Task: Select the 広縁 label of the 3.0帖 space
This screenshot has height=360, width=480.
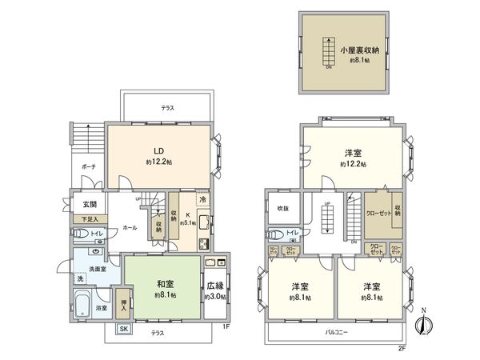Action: click(x=214, y=285)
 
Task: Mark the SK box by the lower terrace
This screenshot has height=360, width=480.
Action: click(x=123, y=329)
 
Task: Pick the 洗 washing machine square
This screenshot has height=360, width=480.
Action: click(x=79, y=278)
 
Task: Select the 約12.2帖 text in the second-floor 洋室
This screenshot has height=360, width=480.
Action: click(x=353, y=164)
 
